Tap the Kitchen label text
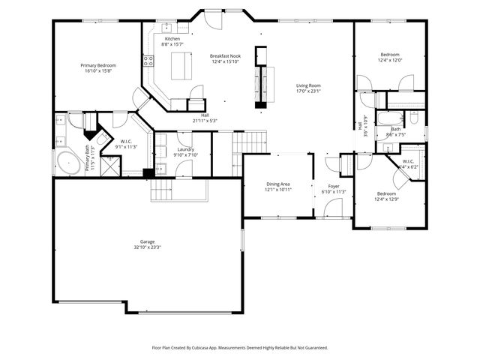pos(172,38)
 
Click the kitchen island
pos(180,66)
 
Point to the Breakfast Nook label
pos(224,55)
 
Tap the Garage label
pos(147,241)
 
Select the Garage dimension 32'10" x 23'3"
pos(147,247)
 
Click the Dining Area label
pos(278,184)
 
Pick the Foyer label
pos(333,185)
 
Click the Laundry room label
pos(185,149)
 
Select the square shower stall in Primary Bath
pos(110,165)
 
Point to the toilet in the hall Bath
pos(413,118)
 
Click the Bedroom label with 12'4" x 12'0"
pos(389,55)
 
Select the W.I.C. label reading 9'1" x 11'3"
pos(126,147)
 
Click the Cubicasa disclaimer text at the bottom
pos(240,347)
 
